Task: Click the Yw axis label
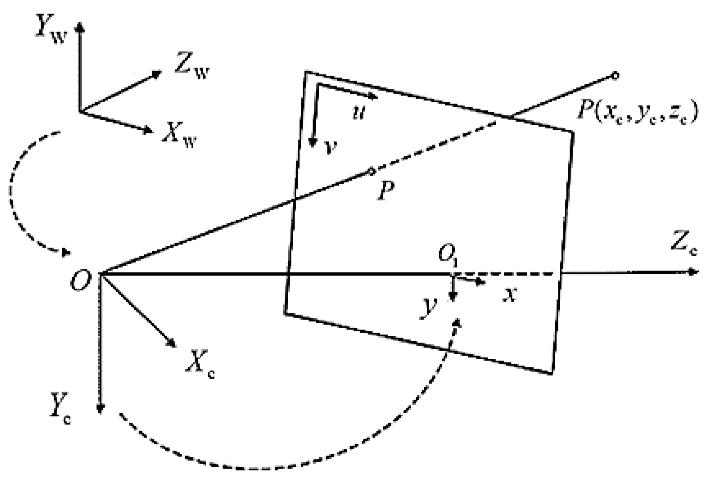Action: pyautogui.click(x=50, y=33)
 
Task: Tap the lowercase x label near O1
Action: pyautogui.click(x=510, y=294)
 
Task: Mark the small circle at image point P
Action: pyautogui.click(x=372, y=171)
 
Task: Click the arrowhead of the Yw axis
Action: pyautogui.click(x=80, y=27)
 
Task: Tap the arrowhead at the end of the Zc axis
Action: pyautogui.click(x=694, y=272)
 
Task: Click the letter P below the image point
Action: pyautogui.click(x=385, y=191)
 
